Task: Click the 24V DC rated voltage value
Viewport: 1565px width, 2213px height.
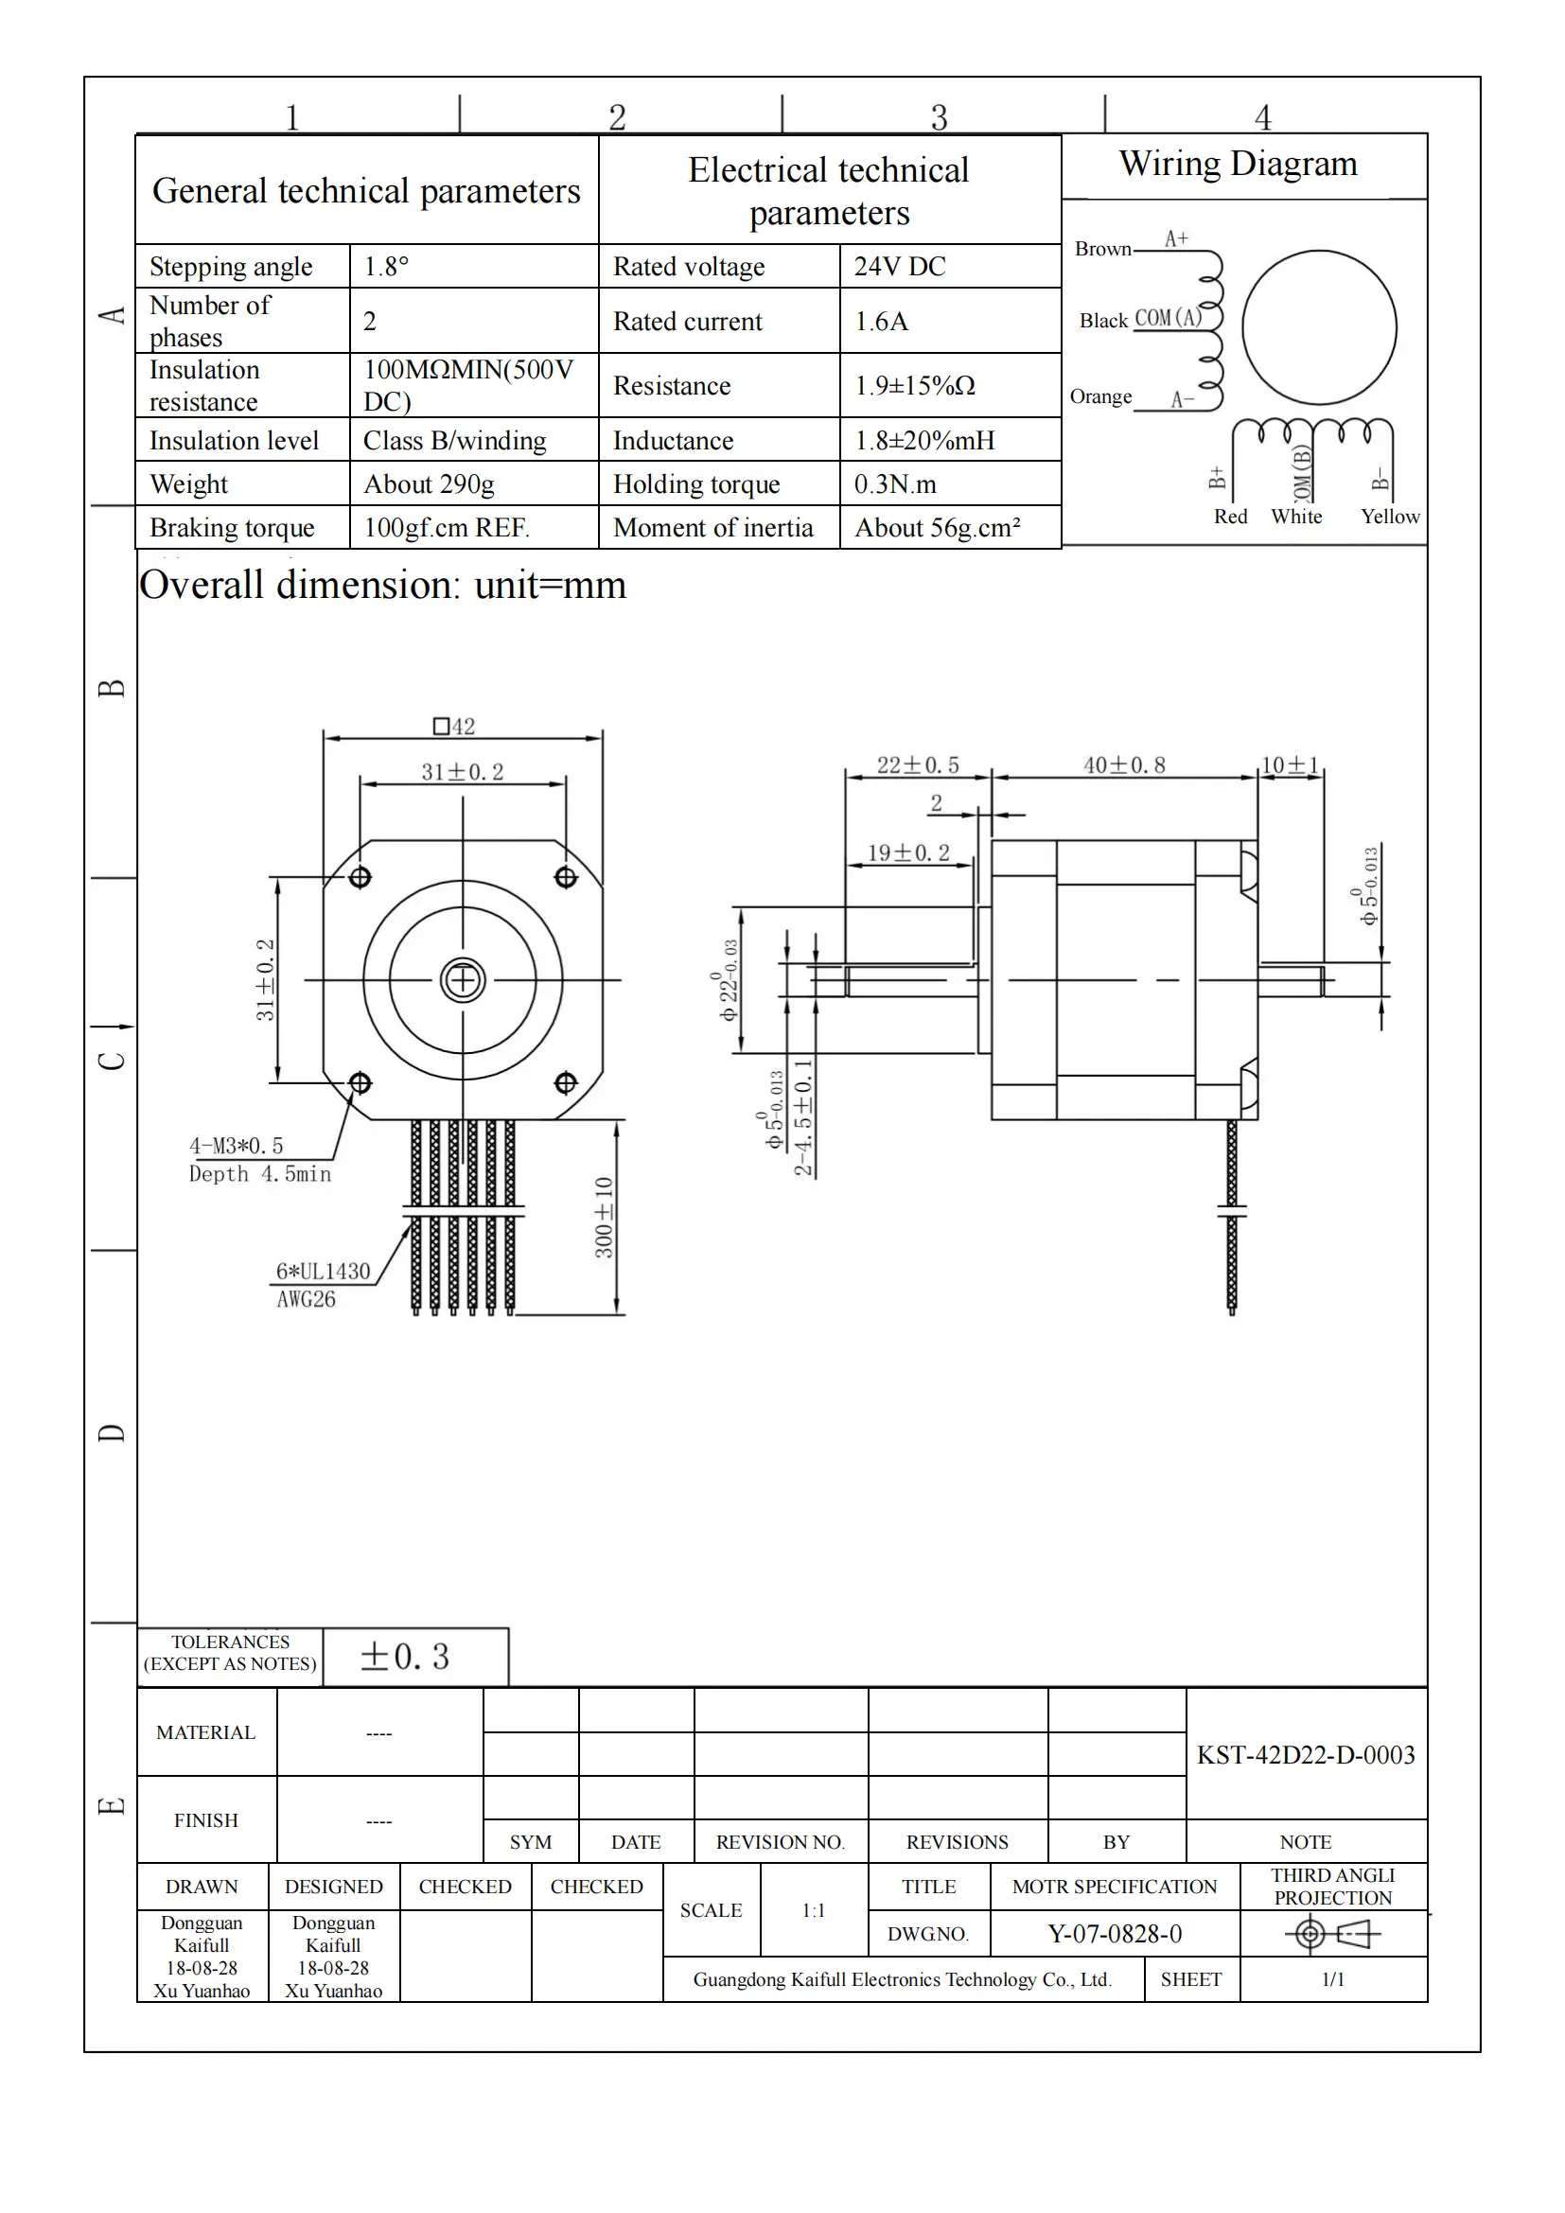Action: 899,266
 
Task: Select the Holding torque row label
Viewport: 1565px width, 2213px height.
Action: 695,483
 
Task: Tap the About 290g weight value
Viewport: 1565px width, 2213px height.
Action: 429,483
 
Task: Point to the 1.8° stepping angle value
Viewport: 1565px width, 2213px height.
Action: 385,266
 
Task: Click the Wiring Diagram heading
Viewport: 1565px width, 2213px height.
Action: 1238,164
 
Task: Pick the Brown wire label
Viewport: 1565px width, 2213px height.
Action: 1102,249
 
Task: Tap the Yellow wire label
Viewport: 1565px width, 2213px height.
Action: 1390,517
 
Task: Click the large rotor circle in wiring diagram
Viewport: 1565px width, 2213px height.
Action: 1318,327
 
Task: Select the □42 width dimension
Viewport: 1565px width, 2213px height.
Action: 454,726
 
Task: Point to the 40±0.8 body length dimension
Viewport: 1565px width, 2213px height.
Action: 1124,765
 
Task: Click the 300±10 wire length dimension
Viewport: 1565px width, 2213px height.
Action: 605,1217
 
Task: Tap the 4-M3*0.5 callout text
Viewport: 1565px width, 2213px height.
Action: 237,1146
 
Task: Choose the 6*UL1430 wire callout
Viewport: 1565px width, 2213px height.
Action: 323,1272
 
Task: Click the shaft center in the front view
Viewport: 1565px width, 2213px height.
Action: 463,980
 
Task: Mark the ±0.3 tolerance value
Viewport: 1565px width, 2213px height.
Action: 405,1657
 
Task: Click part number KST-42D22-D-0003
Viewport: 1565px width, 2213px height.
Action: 1306,1754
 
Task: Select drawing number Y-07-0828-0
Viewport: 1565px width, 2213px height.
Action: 1114,1934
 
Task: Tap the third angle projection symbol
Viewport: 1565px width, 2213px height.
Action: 1332,1934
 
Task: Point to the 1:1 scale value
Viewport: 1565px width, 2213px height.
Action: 814,1910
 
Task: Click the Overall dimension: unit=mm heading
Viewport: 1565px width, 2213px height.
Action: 382,585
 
